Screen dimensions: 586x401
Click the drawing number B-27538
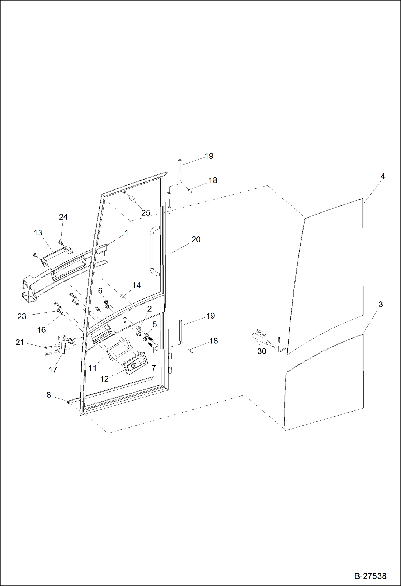[x=370, y=576]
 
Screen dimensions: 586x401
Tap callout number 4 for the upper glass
[x=383, y=176]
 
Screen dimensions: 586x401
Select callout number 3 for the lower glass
[x=380, y=304]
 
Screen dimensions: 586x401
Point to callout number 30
[x=262, y=351]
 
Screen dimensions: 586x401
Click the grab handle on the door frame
[x=154, y=250]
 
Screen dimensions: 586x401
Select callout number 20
[x=196, y=239]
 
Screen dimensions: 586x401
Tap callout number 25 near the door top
[x=146, y=213]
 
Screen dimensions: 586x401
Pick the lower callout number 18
[x=213, y=341]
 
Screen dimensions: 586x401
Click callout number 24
[x=63, y=217]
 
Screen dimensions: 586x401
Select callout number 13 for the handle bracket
[x=38, y=232]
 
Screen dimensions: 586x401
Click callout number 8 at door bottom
[x=48, y=395]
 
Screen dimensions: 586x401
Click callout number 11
[x=92, y=368]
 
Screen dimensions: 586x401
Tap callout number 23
[x=22, y=316]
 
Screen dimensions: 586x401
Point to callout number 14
[x=136, y=285]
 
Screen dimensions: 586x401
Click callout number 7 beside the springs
[x=154, y=368]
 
